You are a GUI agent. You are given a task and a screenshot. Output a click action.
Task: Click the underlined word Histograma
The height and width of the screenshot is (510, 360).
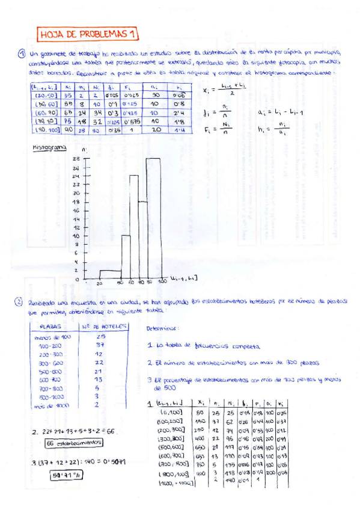click(49, 147)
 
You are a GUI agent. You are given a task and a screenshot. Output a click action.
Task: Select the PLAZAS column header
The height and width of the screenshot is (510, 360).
click(54, 327)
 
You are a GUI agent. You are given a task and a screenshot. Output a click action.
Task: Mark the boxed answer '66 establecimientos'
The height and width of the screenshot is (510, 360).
click(73, 443)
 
